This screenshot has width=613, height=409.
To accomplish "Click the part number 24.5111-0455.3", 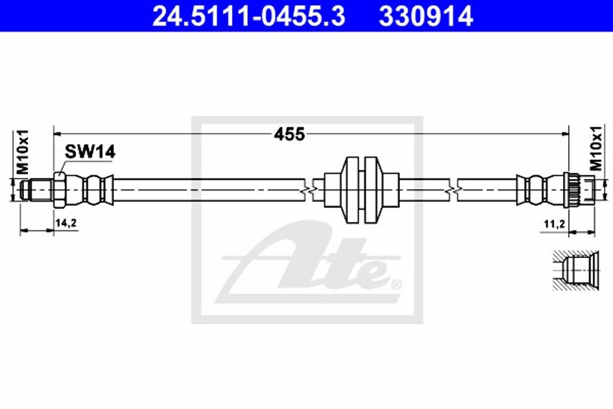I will pyautogui.click(x=248, y=16).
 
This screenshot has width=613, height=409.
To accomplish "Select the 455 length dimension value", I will pyautogui.click(x=289, y=134).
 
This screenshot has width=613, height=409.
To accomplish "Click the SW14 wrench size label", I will pyautogui.click(x=90, y=152).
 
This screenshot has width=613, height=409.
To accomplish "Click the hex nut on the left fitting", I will pyautogui.click(x=59, y=190).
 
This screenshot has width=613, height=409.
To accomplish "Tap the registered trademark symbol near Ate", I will pyautogui.click(x=396, y=283).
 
